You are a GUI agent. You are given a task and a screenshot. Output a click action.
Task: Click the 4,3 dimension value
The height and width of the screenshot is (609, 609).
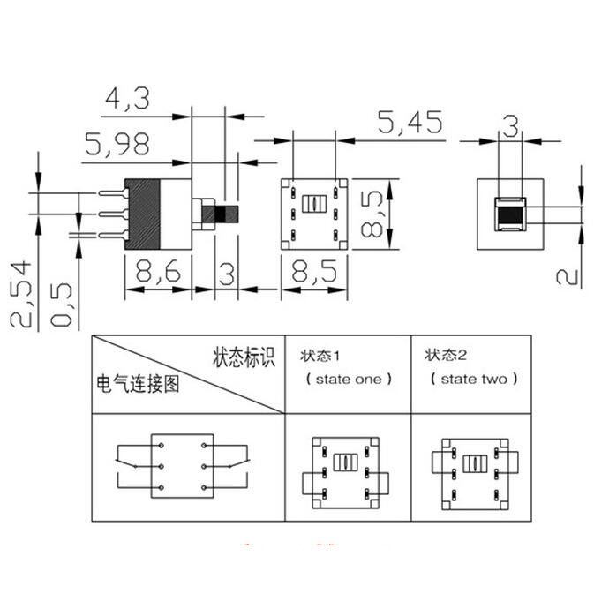(127, 98)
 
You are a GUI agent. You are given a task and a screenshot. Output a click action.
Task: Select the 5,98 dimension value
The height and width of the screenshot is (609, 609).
(117, 144)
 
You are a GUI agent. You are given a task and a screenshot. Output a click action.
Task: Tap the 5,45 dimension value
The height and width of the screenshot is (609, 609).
(410, 122)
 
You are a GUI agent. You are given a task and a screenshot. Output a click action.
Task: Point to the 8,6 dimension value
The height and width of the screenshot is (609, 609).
(158, 271)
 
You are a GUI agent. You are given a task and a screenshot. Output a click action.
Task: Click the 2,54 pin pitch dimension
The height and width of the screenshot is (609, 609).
(20, 294)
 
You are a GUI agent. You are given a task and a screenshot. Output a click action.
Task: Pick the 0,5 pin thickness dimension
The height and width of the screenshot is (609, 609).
(61, 304)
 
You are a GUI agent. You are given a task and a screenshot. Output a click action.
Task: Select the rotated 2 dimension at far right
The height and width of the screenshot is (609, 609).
(568, 277)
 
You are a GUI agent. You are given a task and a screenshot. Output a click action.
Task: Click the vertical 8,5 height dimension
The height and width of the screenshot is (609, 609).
(372, 214)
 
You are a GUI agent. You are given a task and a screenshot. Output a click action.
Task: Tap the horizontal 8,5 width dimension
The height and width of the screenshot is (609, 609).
(314, 271)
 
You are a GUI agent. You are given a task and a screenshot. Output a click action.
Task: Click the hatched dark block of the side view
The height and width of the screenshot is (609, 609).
(142, 214)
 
